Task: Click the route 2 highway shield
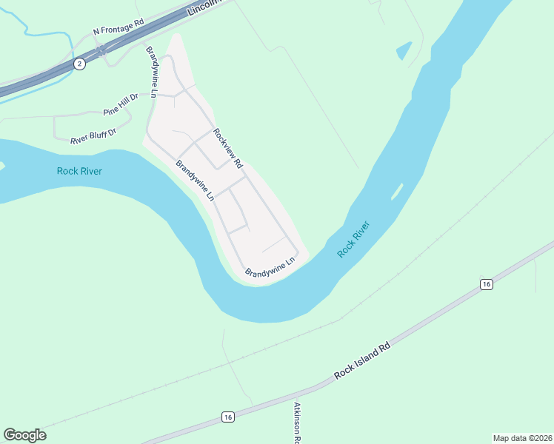79,64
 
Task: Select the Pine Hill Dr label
121,105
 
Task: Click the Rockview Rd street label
228,148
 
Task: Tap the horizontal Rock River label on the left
79,171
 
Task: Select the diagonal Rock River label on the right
353,239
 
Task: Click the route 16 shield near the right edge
486,284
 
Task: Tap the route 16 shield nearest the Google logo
228,418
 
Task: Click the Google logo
24,435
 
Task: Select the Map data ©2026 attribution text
522,437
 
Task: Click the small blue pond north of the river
404,50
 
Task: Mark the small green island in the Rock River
397,191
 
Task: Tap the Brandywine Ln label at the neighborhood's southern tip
270,268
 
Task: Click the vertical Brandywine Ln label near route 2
152,72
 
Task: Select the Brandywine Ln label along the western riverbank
195,181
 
